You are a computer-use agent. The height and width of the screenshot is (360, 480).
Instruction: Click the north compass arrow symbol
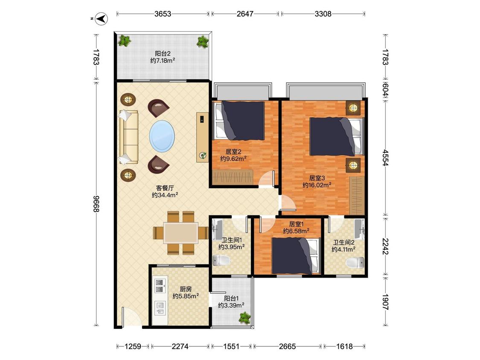pyautogui.click(x=102, y=19)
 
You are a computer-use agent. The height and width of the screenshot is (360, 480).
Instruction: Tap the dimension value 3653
pyautogui.click(x=163, y=14)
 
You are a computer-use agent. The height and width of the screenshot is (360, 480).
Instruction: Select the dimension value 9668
pyautogui.click(x=96, y=203)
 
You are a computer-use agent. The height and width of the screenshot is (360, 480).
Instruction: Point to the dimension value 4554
pyautogui.click(x=385, y=158)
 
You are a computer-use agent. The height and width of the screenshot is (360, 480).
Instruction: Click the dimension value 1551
pyautogui.click(x=231, y=346)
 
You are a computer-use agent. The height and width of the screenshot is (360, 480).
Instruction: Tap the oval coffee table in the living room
pyautogui.click(x=162, y=136)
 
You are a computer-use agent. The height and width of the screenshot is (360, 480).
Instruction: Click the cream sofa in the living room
pyautogui.click(x=128, y=137)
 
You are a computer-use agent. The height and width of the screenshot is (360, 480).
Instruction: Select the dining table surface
pyautogui.click(x=180, y=233)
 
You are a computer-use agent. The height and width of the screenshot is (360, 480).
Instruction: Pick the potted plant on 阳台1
pyautogui.click(x=244, y=317)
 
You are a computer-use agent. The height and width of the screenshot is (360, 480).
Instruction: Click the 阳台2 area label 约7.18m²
pyautogui.click(x=163, y=61)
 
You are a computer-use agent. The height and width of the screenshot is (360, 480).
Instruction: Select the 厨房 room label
pyautogui.click(x=186, y=289)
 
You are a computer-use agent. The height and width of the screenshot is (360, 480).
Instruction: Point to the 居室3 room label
pyautogui.click(x=317, y=178)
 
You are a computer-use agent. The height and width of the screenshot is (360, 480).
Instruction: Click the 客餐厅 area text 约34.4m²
pyautogui.click(x=165, y=195)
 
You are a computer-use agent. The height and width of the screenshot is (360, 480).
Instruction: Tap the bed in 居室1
pyautogui.click(x=296, y=256)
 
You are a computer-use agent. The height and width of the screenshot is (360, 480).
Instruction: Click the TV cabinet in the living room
pyautogui.click(x=202, y=137)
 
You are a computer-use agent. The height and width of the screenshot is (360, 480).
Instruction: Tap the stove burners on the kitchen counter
pyautogui.click(x=159, y=285)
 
